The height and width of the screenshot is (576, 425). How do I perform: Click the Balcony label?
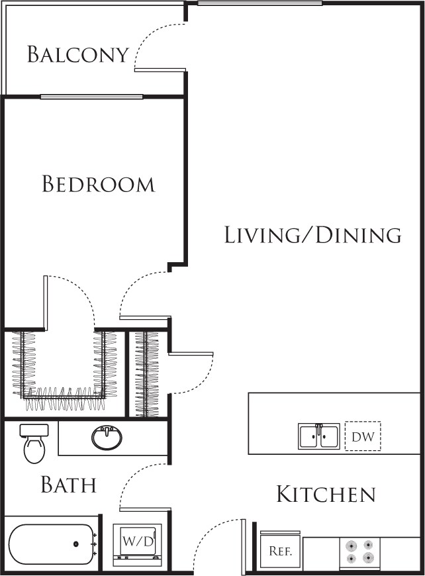pos(77,54)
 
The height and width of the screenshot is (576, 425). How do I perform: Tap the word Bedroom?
pos(98,184)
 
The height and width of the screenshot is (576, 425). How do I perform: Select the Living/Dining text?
pos(312,235)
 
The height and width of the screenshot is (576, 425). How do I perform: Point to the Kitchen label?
pos(326,494)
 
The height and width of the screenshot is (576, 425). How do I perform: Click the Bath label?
pos(69,485)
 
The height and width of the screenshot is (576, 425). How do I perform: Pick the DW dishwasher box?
pos(363,437)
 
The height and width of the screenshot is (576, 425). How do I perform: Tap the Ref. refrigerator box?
pos(280,551)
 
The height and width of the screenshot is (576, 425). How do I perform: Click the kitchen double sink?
pos(318,437)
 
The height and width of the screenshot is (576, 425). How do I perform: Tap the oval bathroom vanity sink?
pos(106,438)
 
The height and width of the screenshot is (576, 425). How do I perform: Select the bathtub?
pos(52,544)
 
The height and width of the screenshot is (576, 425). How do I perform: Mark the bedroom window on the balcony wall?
pos(91,97)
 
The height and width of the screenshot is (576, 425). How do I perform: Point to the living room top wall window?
pos(260,3)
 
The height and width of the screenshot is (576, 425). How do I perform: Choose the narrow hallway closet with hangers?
pos(146,373)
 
